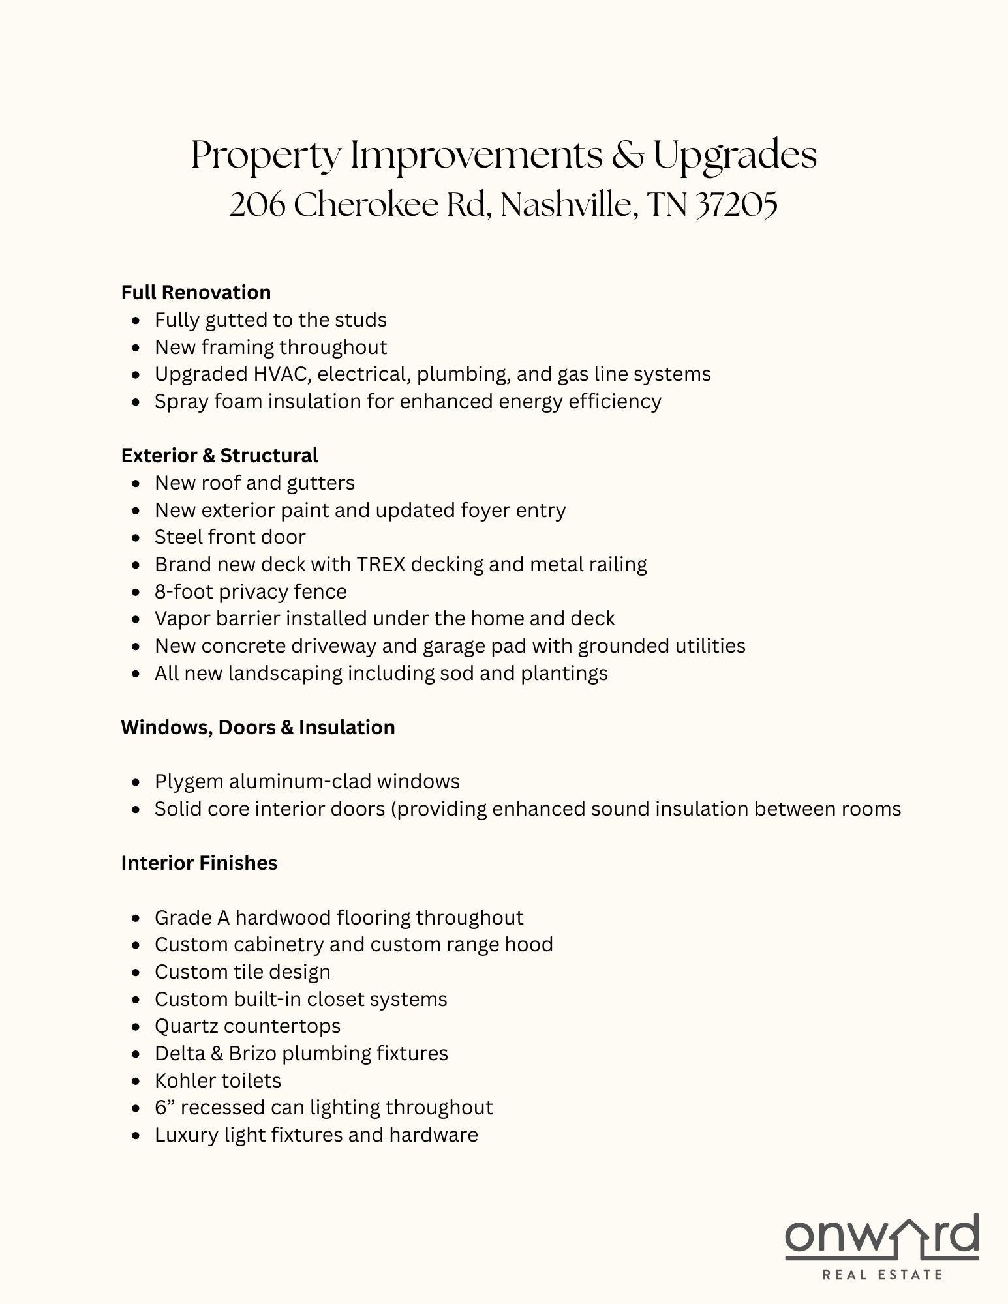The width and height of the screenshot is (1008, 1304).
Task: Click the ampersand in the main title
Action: click(x=627, y=156)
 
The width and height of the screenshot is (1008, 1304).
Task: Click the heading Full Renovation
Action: click(x=196, y=292)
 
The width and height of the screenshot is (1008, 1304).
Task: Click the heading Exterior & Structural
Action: click(x=219, y=455)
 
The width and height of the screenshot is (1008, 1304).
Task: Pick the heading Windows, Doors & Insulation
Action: click(x=258, y=727)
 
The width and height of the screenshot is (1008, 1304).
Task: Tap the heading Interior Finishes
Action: click(x=199, y=863)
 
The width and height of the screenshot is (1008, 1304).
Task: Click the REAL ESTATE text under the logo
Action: click(x=882, y=1274)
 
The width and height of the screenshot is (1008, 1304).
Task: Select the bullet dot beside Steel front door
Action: click(x=136, y=538)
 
